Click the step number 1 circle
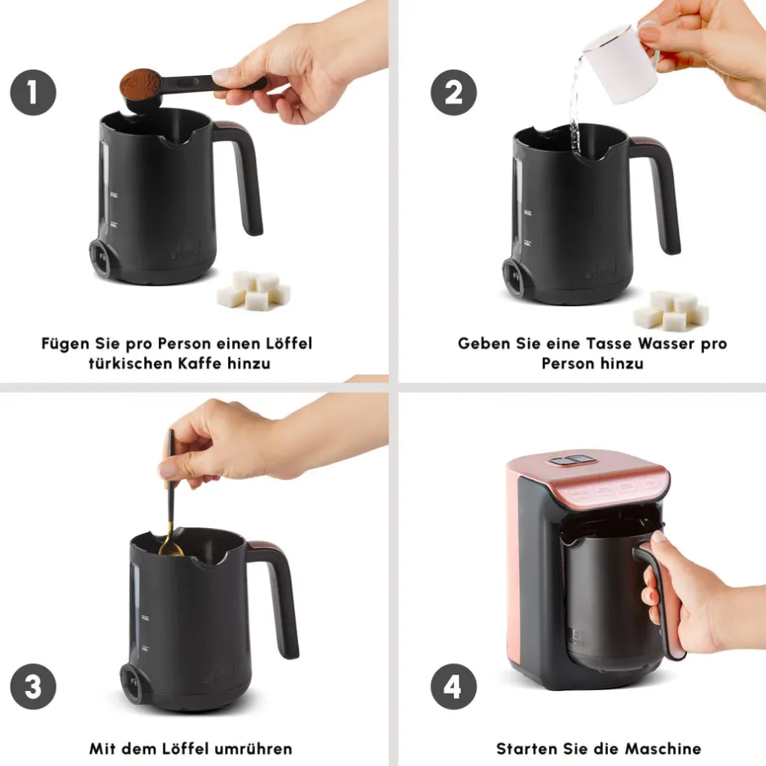tap(33, 92)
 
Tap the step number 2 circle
tap(453, 92)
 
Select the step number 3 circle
tap(33, 686)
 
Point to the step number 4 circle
tap(453, 686)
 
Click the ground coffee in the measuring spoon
tap(140, 83)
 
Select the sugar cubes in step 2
tap(671, 310)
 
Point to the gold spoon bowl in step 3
tap(170, 549)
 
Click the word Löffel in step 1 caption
tap(288, 343)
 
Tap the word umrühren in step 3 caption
tap(253, 749)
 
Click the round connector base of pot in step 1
tap(100, 258)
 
